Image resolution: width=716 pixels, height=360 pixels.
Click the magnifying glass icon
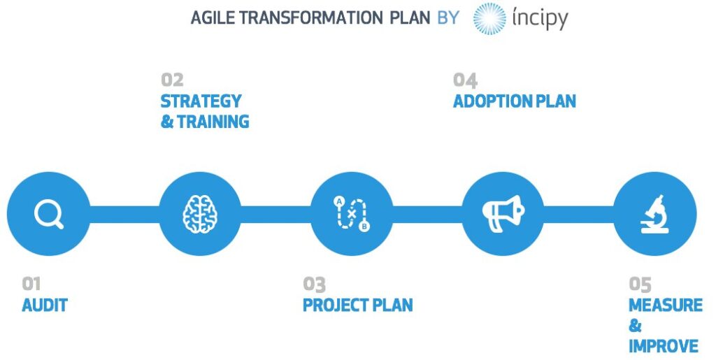[x=49, y=213]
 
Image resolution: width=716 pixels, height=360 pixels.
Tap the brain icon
[x=200, y=213]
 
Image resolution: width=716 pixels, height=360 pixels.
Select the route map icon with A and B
[x=352, y=214]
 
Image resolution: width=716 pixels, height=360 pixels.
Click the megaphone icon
[x=503, y=213]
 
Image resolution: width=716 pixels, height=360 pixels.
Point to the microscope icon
[x=655, y=214]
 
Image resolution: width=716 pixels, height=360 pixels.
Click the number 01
[x=31, y=284]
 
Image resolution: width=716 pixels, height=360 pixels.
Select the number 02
[x=172, y=79]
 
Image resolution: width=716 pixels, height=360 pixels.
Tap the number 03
[x=314, y=284]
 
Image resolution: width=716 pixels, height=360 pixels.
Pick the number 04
[x=465, y=79]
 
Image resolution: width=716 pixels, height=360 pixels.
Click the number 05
[x=640, y=284]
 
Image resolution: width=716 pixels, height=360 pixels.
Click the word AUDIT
[x=45, y=305]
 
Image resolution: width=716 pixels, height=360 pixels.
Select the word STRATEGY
[x=201, y=101]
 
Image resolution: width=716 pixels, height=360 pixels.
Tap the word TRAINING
[x=213, y=122]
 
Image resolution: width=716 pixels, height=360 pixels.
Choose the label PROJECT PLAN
[x=357, y=305]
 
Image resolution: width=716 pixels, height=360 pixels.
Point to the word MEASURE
[x=665, y=305]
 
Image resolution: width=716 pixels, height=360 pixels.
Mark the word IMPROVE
[x=663, y=346]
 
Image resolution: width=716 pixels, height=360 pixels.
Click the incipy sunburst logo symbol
[x=489, y=18]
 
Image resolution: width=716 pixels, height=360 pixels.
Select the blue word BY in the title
[x=447, y=17]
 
